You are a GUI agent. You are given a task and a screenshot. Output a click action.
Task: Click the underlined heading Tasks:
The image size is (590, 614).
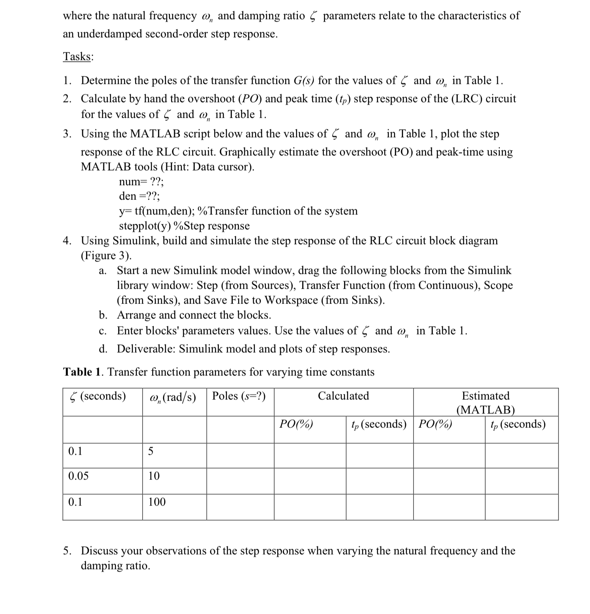(78, 57)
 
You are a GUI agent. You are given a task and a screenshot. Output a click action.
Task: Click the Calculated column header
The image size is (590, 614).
(343, 396)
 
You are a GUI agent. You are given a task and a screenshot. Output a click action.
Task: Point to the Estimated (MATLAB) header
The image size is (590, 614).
(485, 402)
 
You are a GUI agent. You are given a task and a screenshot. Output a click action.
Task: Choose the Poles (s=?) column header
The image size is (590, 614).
(239, 396)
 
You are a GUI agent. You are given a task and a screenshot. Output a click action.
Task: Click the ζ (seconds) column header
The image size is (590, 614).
(98, 396)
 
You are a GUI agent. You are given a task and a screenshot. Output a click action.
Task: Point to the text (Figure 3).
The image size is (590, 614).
(106, 256)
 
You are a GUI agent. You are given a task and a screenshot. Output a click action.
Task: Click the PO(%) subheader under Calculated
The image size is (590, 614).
(296, 424)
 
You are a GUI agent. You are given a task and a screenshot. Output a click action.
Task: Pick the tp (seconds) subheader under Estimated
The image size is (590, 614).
(518, 424)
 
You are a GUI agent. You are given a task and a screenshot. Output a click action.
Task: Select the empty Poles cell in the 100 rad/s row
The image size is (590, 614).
(240, 507)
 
